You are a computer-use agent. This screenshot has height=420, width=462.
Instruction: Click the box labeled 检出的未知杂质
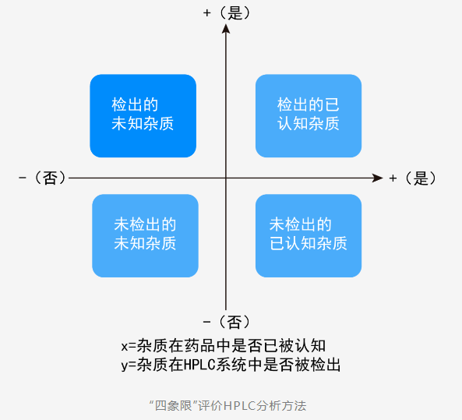(143, 115)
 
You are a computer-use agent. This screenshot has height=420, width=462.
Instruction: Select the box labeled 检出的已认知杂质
(309, 115)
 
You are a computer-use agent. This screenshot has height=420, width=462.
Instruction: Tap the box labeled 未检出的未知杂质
(145, 235)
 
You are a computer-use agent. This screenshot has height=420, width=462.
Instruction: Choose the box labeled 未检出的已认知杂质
(309, 235)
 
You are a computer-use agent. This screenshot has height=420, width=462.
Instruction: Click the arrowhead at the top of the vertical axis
(226, 29)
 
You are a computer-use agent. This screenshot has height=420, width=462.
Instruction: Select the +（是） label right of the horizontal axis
(412, 178)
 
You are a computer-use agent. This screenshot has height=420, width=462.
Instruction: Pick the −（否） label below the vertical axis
(227, 321)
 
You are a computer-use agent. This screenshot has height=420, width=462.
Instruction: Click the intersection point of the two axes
(226, 178)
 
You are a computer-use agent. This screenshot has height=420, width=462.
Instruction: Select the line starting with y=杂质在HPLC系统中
(231, 364)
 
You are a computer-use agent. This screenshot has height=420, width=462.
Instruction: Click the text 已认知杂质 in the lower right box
(309, 244)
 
